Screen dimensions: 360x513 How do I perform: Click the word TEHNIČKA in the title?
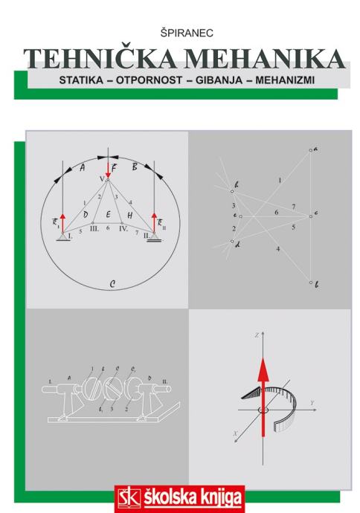(x=99, y=59)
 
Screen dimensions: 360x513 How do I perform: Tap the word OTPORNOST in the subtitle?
(x=149, y=80)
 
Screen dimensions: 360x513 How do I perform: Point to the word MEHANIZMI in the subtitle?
(x=285, y=80)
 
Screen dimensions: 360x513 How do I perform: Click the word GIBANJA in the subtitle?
(x=219, y=80)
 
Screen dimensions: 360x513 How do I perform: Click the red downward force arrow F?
(x=108, y=170)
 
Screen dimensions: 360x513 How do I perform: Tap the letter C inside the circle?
(x=112, y=284)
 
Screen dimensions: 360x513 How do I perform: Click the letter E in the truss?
(x=109, y=214)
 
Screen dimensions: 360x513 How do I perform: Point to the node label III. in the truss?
(x=94, y=229)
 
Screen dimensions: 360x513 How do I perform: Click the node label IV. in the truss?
(x=123, y=229)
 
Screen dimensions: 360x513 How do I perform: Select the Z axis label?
(x=257, y=335)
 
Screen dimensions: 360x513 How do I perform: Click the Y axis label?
(x=312, y=403)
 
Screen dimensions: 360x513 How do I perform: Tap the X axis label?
(x=235, y=433)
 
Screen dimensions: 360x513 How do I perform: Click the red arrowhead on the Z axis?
(x=263, y=369)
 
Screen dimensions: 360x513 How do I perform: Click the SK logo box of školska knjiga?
(x=129, y=498)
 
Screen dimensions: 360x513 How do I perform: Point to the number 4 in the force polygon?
(x=278, y=249)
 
